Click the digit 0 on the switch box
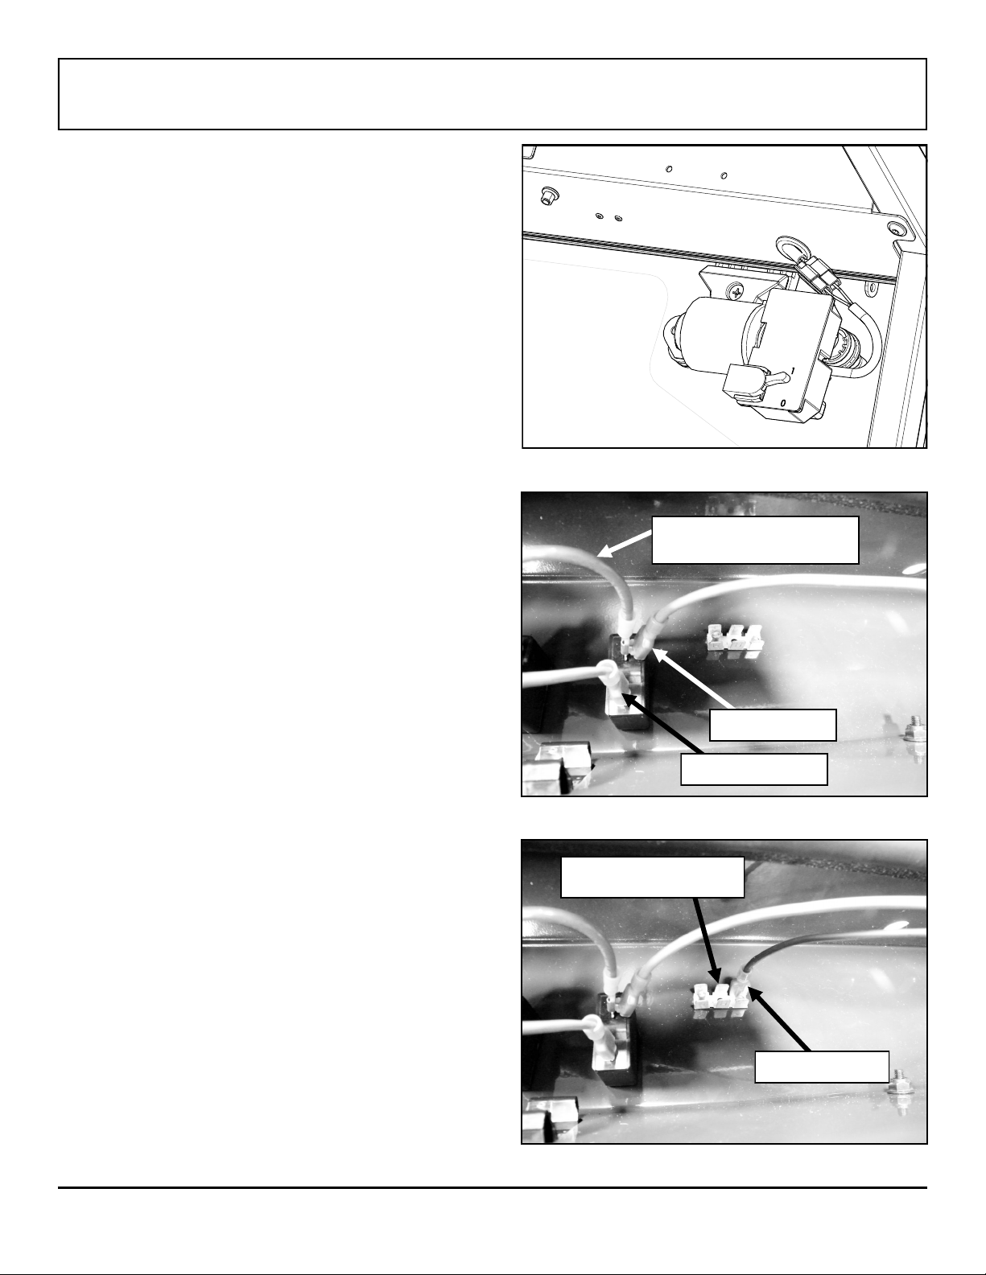click(x=783, y=404)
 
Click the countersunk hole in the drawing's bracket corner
click(x=896, y=227)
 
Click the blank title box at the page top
click(x=493, y=94)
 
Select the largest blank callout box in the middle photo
click(x=755, y=540)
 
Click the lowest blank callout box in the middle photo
click(x=753, y=769)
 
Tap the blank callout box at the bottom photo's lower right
click(x=822, y=1067)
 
